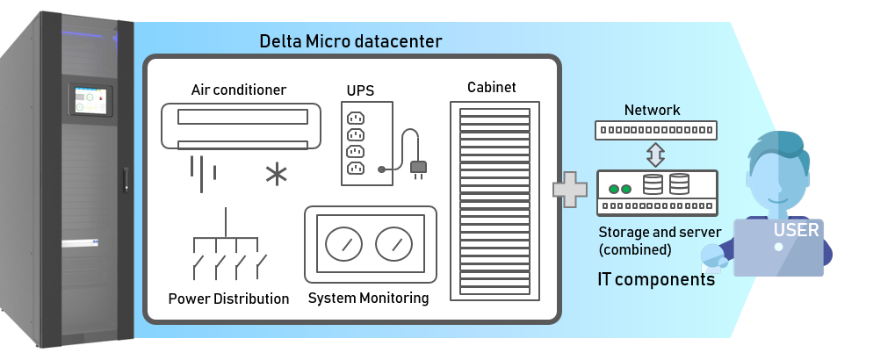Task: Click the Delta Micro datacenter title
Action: pyautogui.click(x=350, y=41)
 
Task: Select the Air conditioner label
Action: pyautogui.click(x=239, y=90)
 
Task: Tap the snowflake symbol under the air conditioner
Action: pyautogui.click(x=277, y=173)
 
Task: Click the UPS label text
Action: pyautogui.click(x=360, y=90)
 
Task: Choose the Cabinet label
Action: pyautogui.click(x=491, y=87)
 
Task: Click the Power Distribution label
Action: pyautogui.click(x=228, y=299)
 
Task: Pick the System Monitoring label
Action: pyautogui.click(x=368, y=299)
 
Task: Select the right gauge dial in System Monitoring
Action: pyautogui.click(x=393, y=244)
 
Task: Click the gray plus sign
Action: pyautogui.click(x=569, y=190)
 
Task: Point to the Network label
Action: pyautogui.click(x=652, y=110)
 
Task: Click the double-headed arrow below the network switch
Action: pyautogui.click(x=655, y=155)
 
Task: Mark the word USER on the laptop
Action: pyautogui.click(x=796, y=231)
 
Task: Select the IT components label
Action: pyautogui.click(x=654, y=281)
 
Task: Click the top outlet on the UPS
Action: pyautogui.click(x=356, y=118)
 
